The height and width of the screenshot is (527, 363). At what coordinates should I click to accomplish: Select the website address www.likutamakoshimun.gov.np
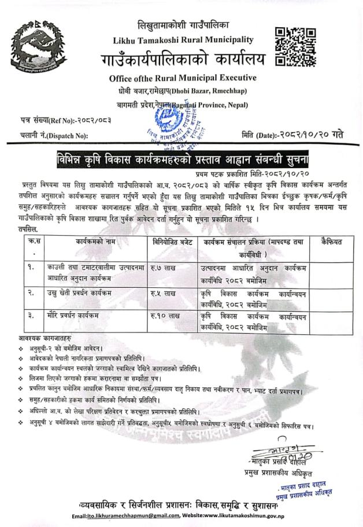tap(240, 516)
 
